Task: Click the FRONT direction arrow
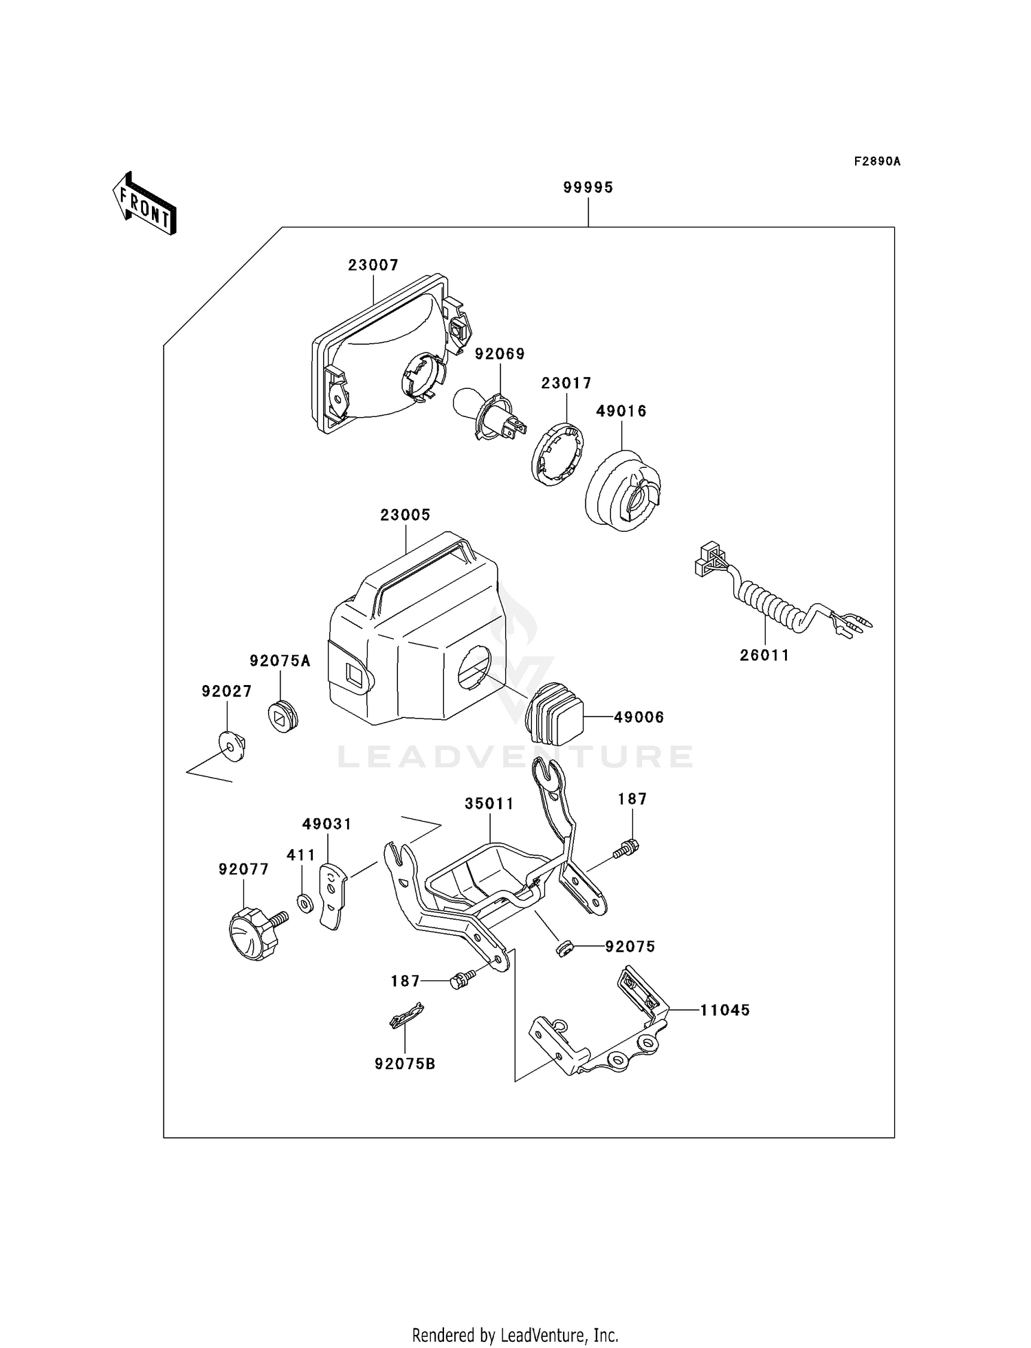[x=144, y=204]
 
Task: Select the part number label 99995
[x=588, y=188]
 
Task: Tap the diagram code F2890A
[x=877, y=161]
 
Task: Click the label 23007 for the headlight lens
[x=373, y=265]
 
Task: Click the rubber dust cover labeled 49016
[x=623, y=490]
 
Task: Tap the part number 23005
[x=406, y=515]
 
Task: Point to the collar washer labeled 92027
[x=232, y=745]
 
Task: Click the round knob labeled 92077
[x=247, y=932]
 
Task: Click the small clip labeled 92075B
[x=406, y=1015]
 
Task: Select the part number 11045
[x=725, y=1010]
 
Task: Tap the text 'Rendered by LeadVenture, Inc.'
[x=515, y=1335]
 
